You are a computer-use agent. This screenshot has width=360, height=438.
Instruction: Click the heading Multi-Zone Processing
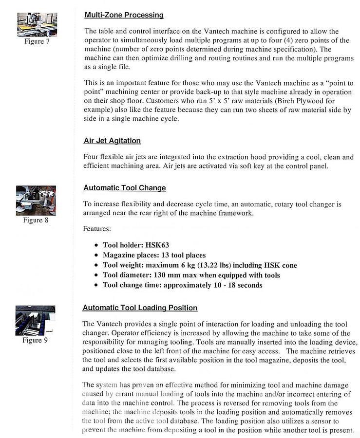[x=124, y=15]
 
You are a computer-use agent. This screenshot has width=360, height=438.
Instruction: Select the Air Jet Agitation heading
[x=112, y=141]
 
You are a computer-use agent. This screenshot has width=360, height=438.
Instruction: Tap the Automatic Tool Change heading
[x=124, y=188]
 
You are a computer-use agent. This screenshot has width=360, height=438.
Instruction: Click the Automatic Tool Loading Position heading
[x=140, y=308]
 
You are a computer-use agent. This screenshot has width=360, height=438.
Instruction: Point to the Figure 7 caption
[x=37, y=41]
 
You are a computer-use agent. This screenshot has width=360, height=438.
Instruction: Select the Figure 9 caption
[x=35, y=340]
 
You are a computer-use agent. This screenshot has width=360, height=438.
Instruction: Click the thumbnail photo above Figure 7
[x=37, y=25]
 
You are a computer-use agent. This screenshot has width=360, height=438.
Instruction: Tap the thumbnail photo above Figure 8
[x=36, y=200]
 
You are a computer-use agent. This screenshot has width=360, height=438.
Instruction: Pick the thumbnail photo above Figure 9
[x=35, y=320]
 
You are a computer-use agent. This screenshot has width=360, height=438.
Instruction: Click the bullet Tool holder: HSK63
[x=136, y=245]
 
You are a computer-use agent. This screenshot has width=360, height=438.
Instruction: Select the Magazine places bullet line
[x=154, y=255]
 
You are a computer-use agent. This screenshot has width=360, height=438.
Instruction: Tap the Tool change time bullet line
[x=182, y=285]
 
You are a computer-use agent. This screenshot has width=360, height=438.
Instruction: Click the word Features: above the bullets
[x=97, y=228]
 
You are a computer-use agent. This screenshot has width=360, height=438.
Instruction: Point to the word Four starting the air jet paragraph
[x=92, y=157]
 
